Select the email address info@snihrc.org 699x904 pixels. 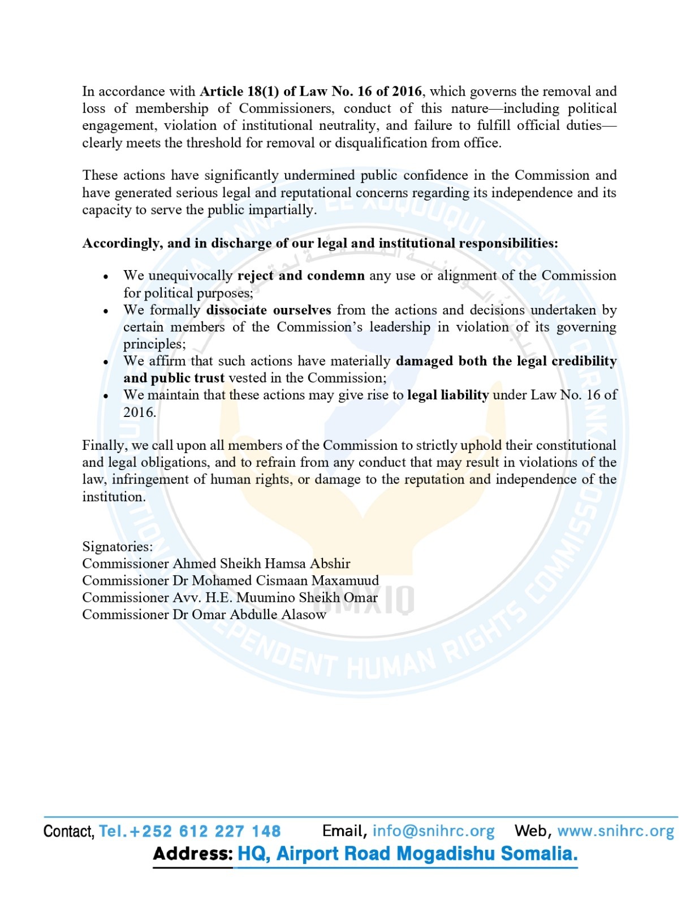click(433, 831)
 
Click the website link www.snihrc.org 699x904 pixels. click(615, 831)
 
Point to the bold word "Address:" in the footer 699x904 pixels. click(192, 853)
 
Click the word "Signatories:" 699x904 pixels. click(118, 546)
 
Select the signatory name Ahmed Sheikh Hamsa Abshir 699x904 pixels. click(261, 563)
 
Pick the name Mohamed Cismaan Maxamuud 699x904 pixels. click(285, 580)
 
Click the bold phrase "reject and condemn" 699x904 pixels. click(301, 276)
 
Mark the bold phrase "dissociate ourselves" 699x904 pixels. click(269, 310)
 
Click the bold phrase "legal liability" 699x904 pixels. click(448, 395)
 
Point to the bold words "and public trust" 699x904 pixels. click(174, 378)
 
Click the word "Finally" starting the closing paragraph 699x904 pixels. click(102, 445)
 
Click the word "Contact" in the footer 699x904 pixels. click(68, 831)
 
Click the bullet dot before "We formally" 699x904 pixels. click(106, 311)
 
